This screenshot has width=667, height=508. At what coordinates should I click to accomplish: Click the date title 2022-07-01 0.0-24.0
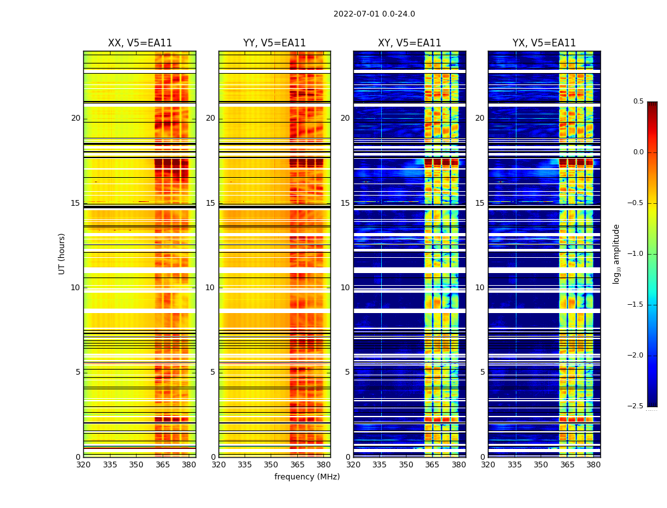[374, 14]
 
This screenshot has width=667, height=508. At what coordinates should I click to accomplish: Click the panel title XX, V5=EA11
[140, 43]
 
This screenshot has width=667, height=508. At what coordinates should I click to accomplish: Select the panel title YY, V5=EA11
[274, 43]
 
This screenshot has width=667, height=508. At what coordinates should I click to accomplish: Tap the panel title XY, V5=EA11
[409, 43]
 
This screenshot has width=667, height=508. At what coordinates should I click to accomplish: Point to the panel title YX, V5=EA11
[544, 43]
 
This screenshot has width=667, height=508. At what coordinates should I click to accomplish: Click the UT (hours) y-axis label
[62, 253]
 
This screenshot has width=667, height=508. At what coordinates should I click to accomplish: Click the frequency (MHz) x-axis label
[307, 477]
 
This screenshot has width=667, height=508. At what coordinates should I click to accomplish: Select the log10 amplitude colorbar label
[616, 253]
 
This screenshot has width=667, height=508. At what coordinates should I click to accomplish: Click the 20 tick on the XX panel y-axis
[76, 118]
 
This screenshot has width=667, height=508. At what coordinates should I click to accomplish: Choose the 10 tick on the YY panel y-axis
[210, 288]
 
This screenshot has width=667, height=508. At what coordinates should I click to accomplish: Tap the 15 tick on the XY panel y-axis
[345, 203]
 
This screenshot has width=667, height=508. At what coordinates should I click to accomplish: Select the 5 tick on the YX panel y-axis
[482, 372]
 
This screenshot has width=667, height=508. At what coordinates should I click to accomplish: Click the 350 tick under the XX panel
[136, 465]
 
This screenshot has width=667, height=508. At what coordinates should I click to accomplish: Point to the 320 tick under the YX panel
[488, 465]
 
